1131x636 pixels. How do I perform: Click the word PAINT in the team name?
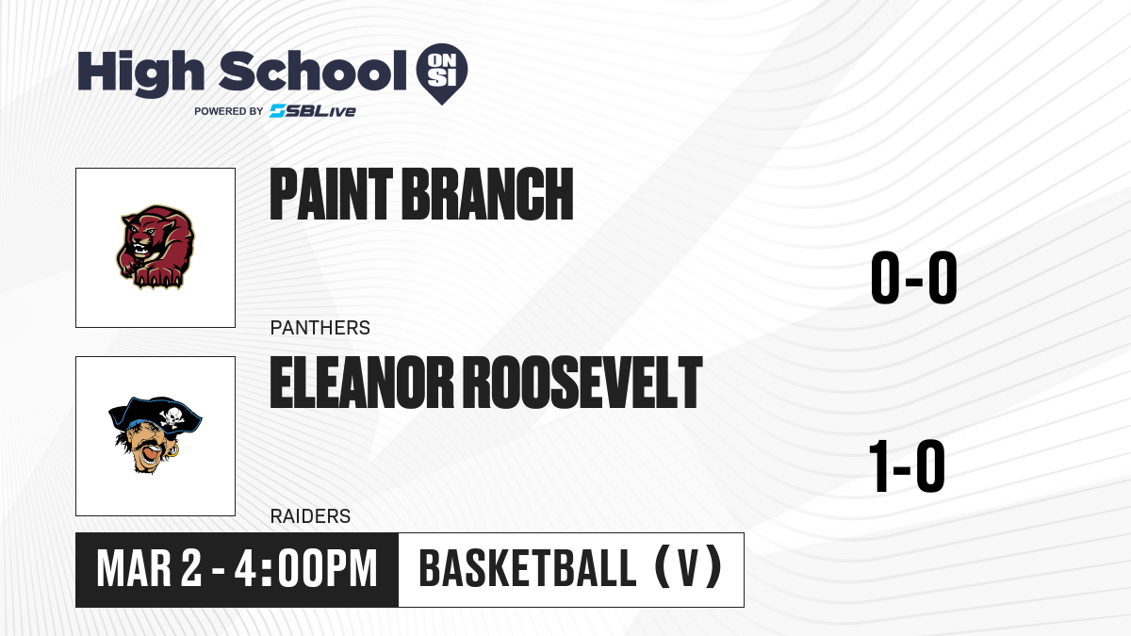coord(331,194)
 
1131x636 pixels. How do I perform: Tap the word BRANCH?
coord(488,194)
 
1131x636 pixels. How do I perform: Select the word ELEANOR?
coord(362,383)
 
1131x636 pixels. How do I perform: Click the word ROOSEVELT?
coord(582,383)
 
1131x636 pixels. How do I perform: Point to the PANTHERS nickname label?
coord(320,328)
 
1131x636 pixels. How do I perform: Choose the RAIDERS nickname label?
coord(310,516)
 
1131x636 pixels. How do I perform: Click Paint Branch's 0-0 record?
coord(914,277)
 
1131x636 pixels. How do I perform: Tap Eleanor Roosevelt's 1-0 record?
coord(907,465)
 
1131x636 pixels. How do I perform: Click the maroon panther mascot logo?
coord(156,247)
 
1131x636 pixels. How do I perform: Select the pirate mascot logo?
coord(155,435)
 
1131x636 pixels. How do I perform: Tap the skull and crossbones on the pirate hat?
coord(172,416)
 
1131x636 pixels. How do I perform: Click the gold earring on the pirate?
coord(172,450)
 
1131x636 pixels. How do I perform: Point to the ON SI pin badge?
coord(442,73)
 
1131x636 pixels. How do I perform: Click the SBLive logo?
coord(313,111)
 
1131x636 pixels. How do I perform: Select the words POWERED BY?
coord(229,111)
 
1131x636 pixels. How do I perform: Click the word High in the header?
coord(140,73)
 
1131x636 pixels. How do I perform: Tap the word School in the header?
coord(313,70)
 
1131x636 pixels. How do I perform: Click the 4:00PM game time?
coord(306,569)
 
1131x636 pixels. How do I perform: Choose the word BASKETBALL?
coord(528,569)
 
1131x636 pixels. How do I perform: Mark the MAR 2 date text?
coord(149,569)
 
